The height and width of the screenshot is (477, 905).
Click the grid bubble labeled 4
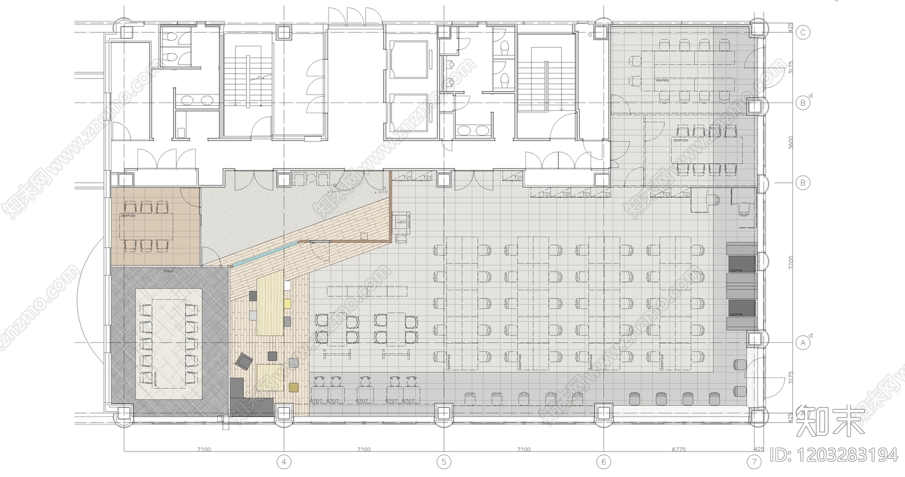point(284,462)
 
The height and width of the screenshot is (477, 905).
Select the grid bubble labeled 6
point(604,462)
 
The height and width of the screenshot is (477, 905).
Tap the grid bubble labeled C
point(802,32)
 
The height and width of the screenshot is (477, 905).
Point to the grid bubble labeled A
point(802,342)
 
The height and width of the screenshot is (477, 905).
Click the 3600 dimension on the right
point(791,143)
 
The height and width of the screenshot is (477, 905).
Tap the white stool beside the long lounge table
point(288,285)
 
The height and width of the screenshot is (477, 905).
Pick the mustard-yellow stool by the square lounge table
point(294,388)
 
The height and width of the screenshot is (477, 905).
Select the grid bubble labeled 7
point(754,462)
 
